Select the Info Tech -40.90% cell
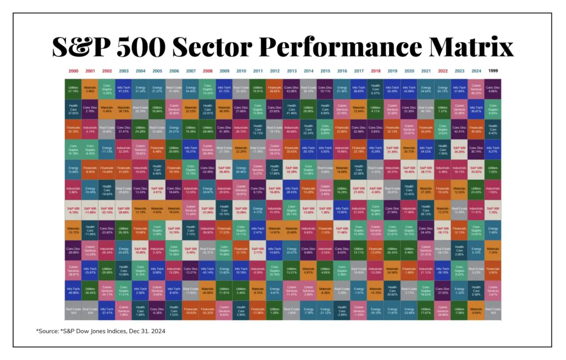click(x=74, y=290)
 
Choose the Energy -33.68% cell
click(x=409, y=310)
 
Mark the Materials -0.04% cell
click(x=476, y=310)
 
